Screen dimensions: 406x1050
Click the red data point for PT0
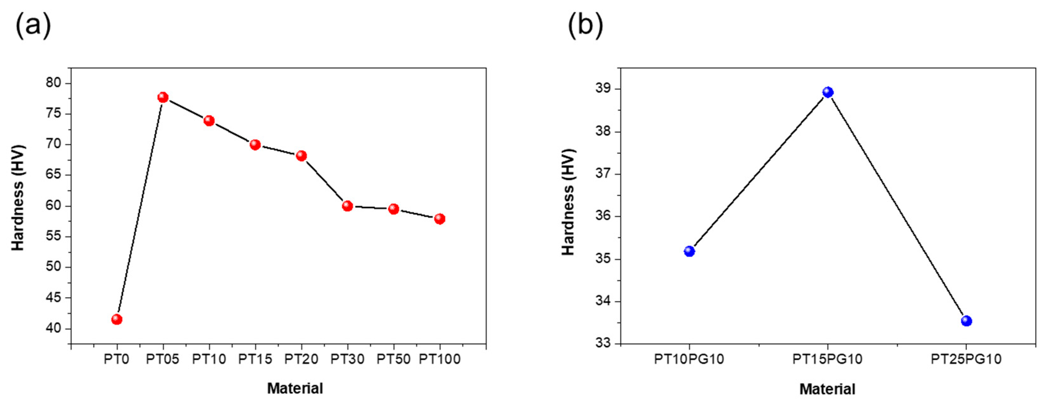pos(117,319)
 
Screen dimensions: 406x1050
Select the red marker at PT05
pos(163,97)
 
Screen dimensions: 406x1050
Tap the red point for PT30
pos(347,206)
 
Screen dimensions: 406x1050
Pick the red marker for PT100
pos(439,219)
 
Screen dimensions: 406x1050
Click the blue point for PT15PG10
pos(828,92)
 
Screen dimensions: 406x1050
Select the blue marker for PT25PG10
pos(967,321)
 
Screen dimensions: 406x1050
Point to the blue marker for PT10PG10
pos(689,251)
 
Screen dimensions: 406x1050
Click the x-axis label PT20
pos(301,359)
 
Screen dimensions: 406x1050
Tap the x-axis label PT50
pos(393,359)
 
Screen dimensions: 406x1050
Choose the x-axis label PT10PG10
pos(689,359)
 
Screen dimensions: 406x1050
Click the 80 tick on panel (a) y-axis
pos(53,83)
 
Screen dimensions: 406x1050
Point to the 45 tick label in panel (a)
pos(53,298)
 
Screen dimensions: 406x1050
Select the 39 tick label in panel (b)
pos(604,89)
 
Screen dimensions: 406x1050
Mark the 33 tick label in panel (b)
pos(604,343)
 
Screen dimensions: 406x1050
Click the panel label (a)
pos(34,25)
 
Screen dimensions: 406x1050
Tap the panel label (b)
pos(585,25)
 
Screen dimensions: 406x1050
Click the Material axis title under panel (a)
pos(295,388)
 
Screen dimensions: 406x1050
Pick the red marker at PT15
pos(255,145)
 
